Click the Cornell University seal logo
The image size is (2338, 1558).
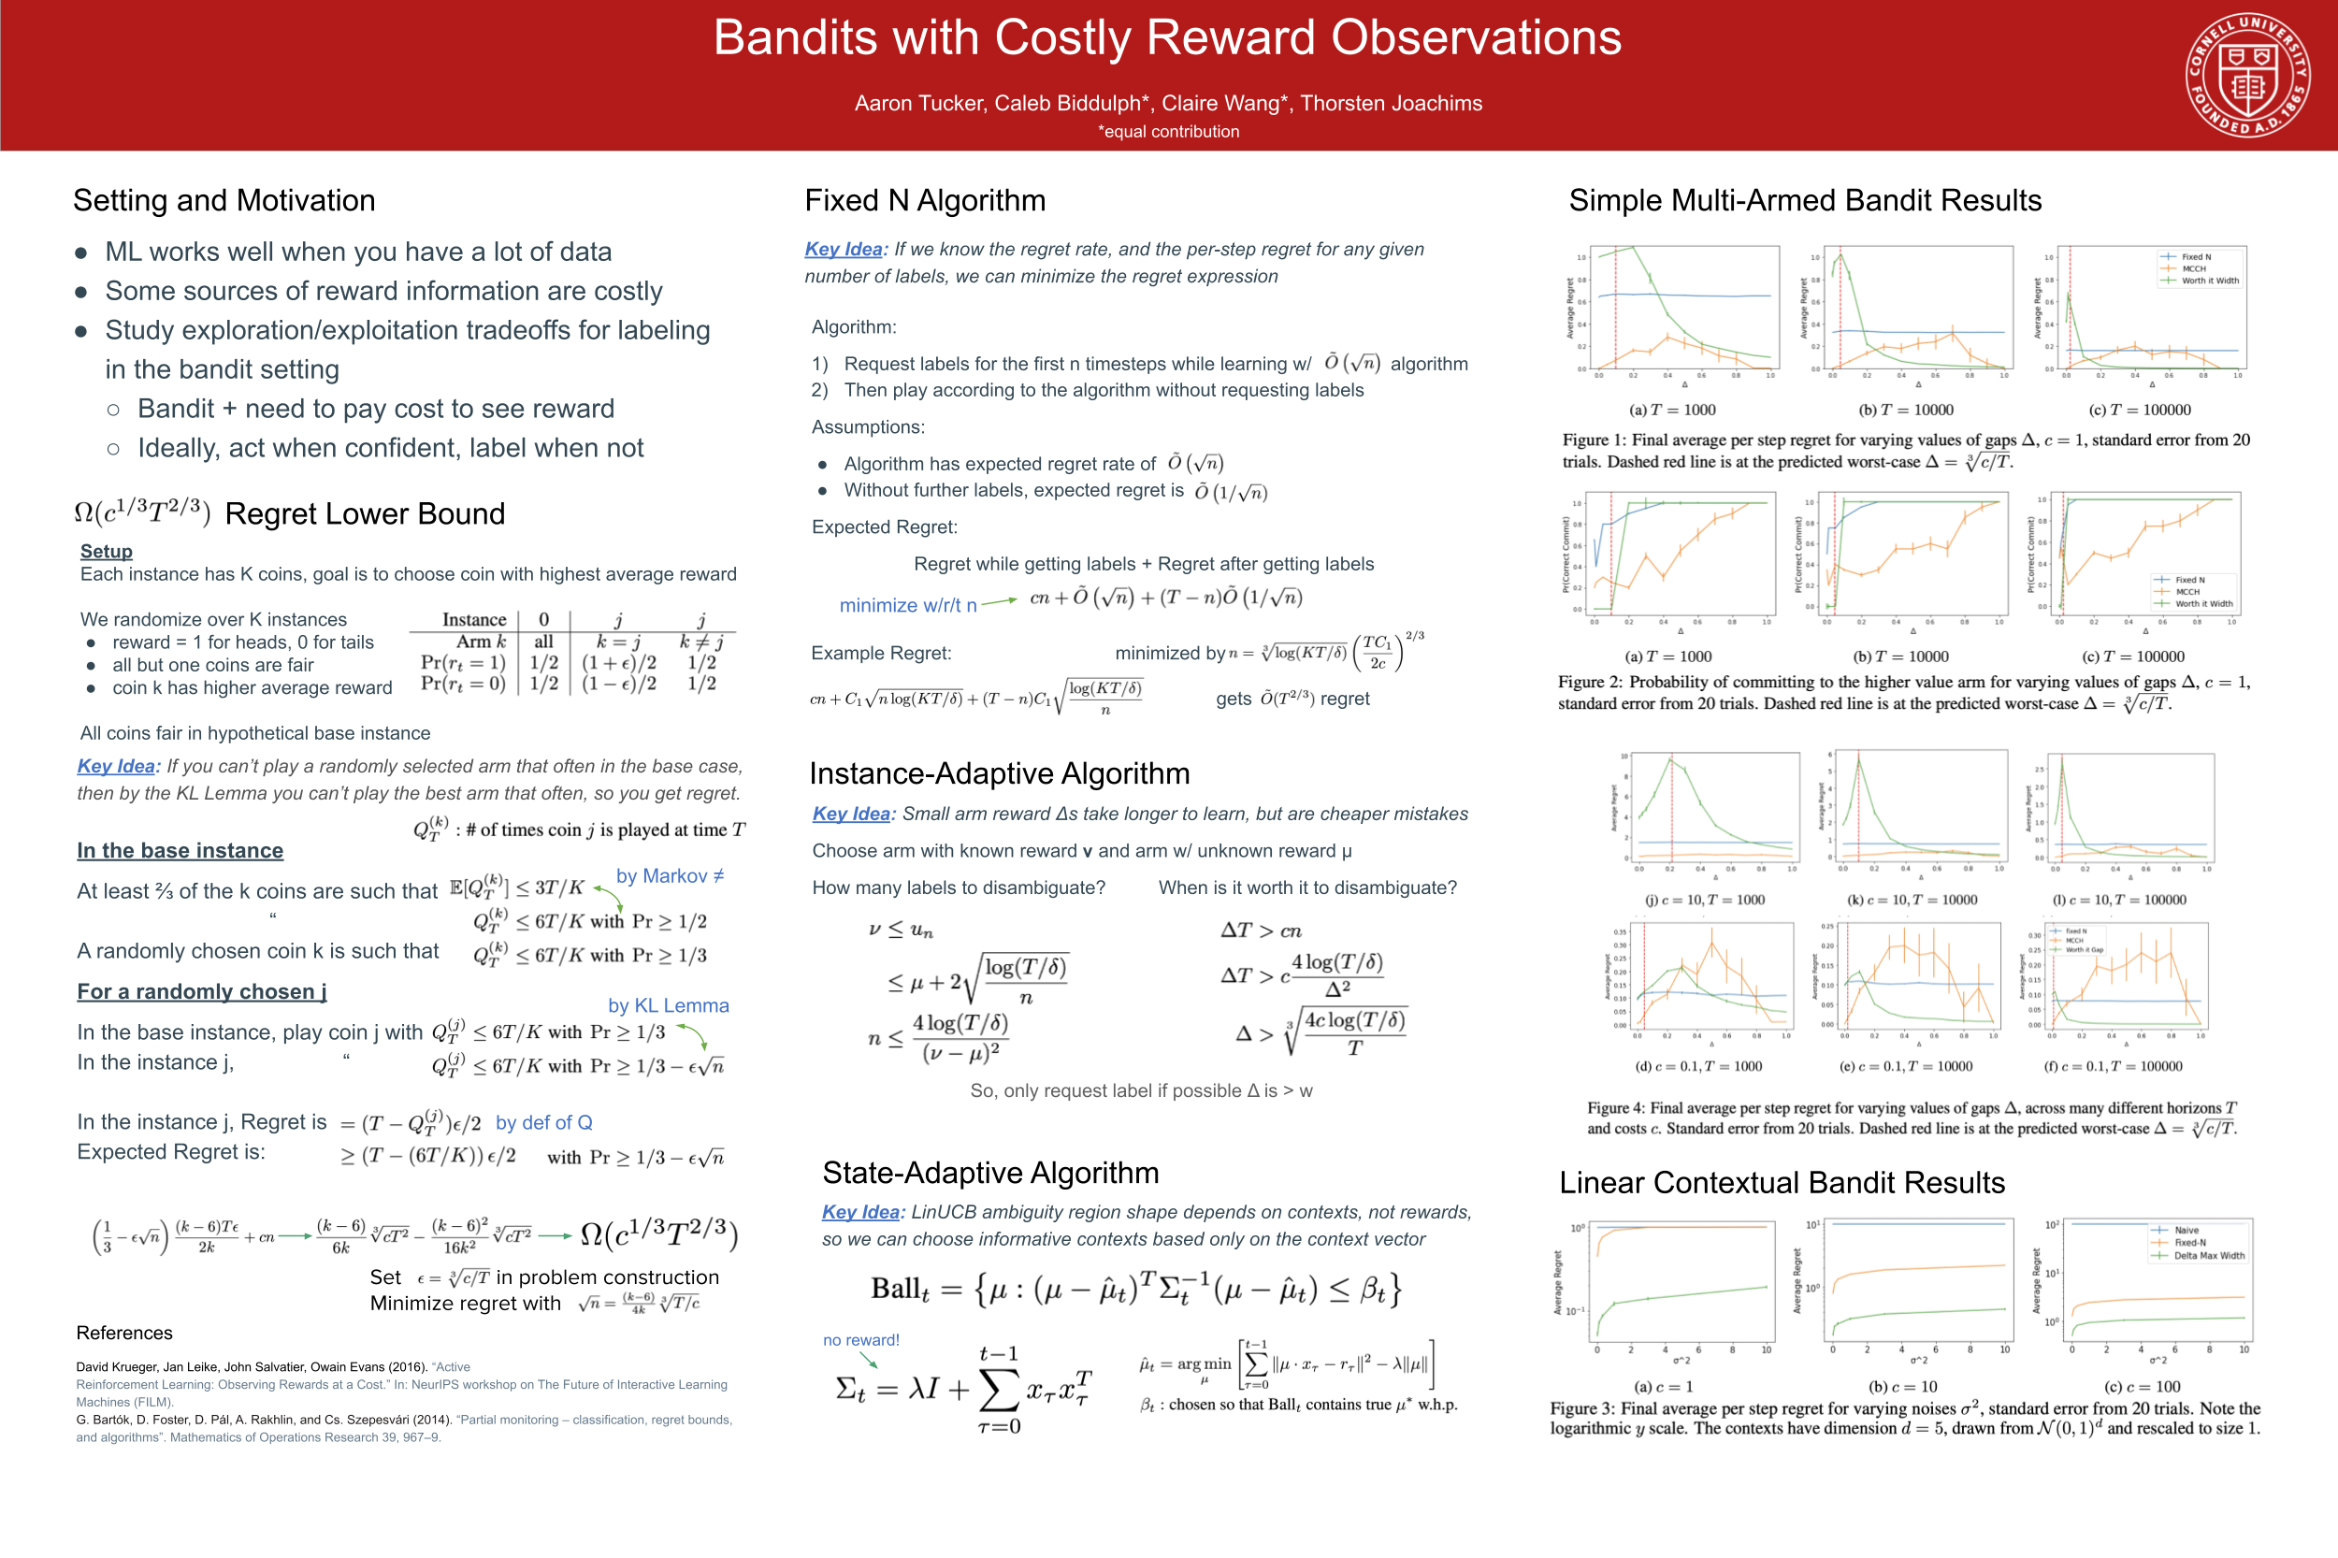pyautogui.click(x=2246, y=76)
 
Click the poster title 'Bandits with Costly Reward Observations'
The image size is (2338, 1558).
pyautogui.click(x=1167, y=38)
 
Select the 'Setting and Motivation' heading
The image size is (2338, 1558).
pyautogui.click(x=224, y=201)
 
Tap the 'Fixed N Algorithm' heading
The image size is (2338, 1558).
pyautogui.click(x=924, y=201)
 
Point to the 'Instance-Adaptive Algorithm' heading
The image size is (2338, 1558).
pyautogui.click(x=999, y=773)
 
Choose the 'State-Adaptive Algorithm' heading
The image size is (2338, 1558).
pyautogui.click(x=989, y=1173)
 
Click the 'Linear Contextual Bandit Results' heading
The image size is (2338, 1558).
pyautogui.click(x=1782, y=1182)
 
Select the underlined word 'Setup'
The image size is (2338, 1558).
pyautogui.click(x=107, y=552)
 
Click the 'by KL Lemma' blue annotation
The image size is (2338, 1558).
pyautogui.click(x=668, y=1005)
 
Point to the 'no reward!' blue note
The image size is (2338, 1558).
pyautogui.click(x=860, y=1339)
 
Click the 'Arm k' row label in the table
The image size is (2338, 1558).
pyautogui.click(x=481, y=642)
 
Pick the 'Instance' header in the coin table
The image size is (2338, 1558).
pyautogui.click(x=474, y=619)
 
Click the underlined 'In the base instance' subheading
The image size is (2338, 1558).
pyautogui.click(x=180, y=851)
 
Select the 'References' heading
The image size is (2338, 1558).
pyautogui.click(x=124, y=1333)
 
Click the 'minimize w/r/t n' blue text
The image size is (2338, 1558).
pyautogui.click(x=907, y=605)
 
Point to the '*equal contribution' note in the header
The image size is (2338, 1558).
pyautogui.click(x=1168, y=131)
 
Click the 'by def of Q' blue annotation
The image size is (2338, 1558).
pyautogui.click(x=543, y=1122)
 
